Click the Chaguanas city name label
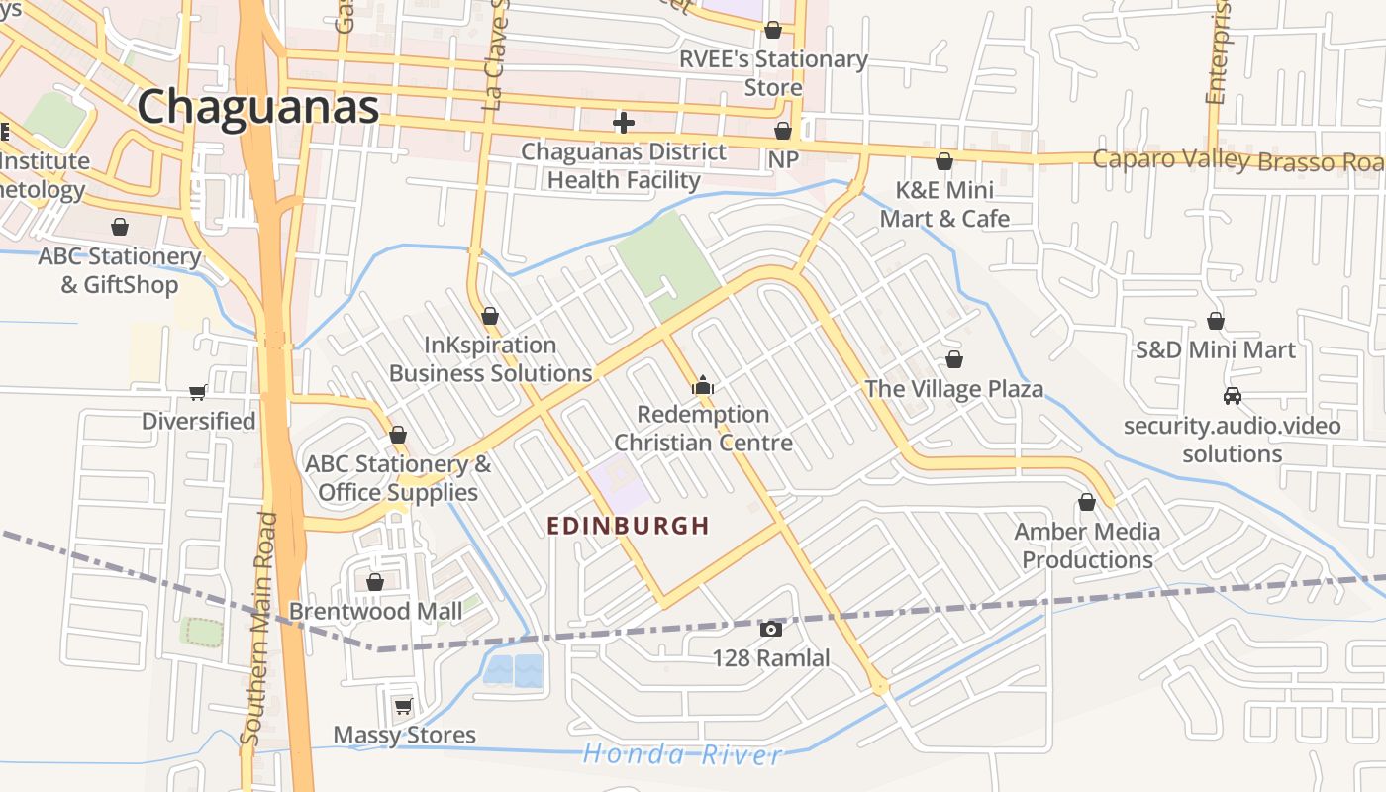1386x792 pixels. [x=258, y=106]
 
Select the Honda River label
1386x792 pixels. [x=682, y=754]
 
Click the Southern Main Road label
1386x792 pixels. [x=256, y=629]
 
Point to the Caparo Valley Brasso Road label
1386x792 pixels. [x=1237, y=160]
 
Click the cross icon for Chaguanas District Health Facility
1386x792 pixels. [x=624, y=123]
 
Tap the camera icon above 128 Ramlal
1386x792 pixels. [x=771, y=629]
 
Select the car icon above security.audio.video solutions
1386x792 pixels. [x=1233, y=396]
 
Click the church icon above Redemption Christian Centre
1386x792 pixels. [x=703, y=385]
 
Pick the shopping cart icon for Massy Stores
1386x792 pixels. [x=403, y=706]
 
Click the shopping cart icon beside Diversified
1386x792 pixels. [x=198, y=392]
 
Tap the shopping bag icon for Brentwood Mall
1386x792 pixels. [x=375, y=582]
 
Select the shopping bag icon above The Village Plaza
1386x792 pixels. [x=954, y=358]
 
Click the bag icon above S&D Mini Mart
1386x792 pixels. [x=1216, y=321]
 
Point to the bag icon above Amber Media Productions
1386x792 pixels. [x=1087, y=502]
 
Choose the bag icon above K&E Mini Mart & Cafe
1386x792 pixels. [x=944, y=160]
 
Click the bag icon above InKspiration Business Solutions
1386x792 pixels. [x=490, y=316]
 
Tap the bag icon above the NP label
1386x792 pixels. [x=783, y=131]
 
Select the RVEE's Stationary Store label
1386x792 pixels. [x=773, y=73]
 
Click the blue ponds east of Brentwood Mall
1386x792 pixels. [x=514, y=670]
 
